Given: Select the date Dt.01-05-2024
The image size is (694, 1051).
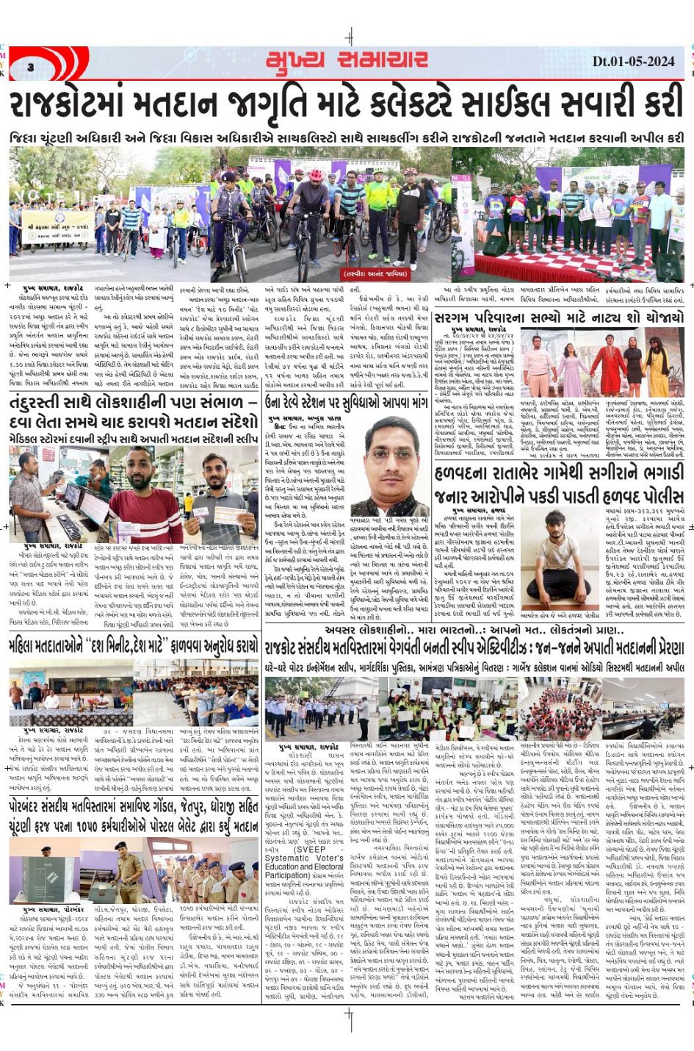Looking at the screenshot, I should (632, 62).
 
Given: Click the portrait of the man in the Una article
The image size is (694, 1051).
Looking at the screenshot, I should (390, 459).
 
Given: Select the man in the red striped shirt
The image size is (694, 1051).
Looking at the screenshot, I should (145, 492).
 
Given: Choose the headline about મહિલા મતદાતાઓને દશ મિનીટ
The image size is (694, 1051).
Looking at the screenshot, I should (133, 646).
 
